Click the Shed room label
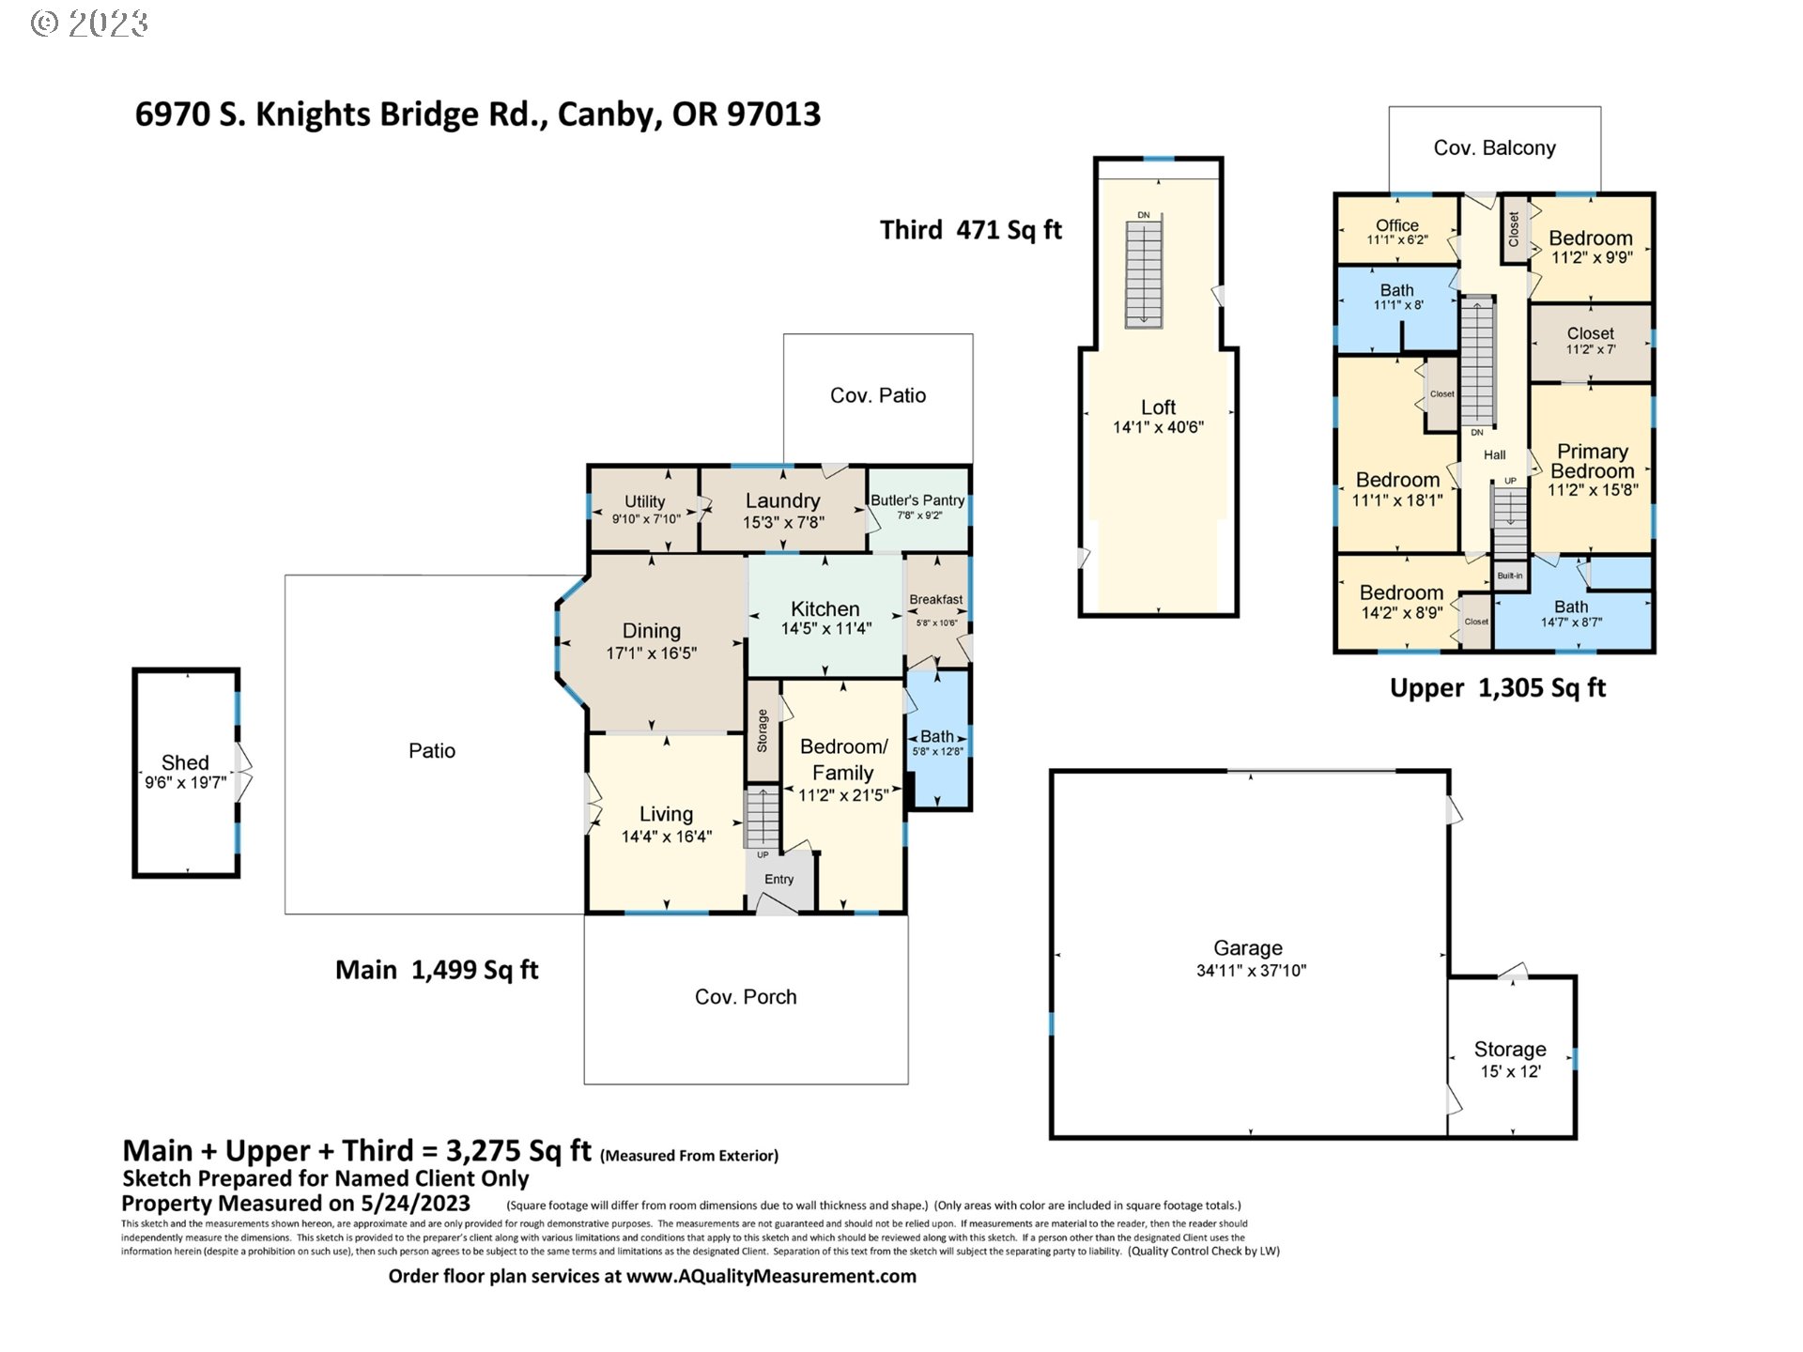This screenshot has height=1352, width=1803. tap(185, 762)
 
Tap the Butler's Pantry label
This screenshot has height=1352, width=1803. tap(917, 500)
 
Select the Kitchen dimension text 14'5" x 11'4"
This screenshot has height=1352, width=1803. tap(825, 629)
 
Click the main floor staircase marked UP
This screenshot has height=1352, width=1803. tap(762, 819)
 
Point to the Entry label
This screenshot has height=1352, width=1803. tap(778, 880)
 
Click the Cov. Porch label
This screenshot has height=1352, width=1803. tap(746, 997)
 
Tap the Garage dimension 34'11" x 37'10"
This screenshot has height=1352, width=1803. tap(1250, 971)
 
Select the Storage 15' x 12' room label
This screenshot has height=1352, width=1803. tap(1510, 1050)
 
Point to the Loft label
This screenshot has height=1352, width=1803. tap(1158, 407)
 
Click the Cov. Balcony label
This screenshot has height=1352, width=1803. tap(1494, 148)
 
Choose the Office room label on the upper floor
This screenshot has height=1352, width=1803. tap(1396, 225)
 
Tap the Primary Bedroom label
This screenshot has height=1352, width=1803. tap(1592, 461)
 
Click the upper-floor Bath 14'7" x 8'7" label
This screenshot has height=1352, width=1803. tap(1571, 607)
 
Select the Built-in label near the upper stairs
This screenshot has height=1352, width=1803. tap(1510, 576)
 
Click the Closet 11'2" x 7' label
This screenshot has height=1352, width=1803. tap(1590, 334)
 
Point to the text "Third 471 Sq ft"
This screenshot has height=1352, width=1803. tap(970, 230)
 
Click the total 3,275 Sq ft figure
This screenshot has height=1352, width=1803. tap(517, 1151)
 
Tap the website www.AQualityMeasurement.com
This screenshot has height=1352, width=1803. tap(771, 1277)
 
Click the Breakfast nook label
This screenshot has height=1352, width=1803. tap(935, 600)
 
